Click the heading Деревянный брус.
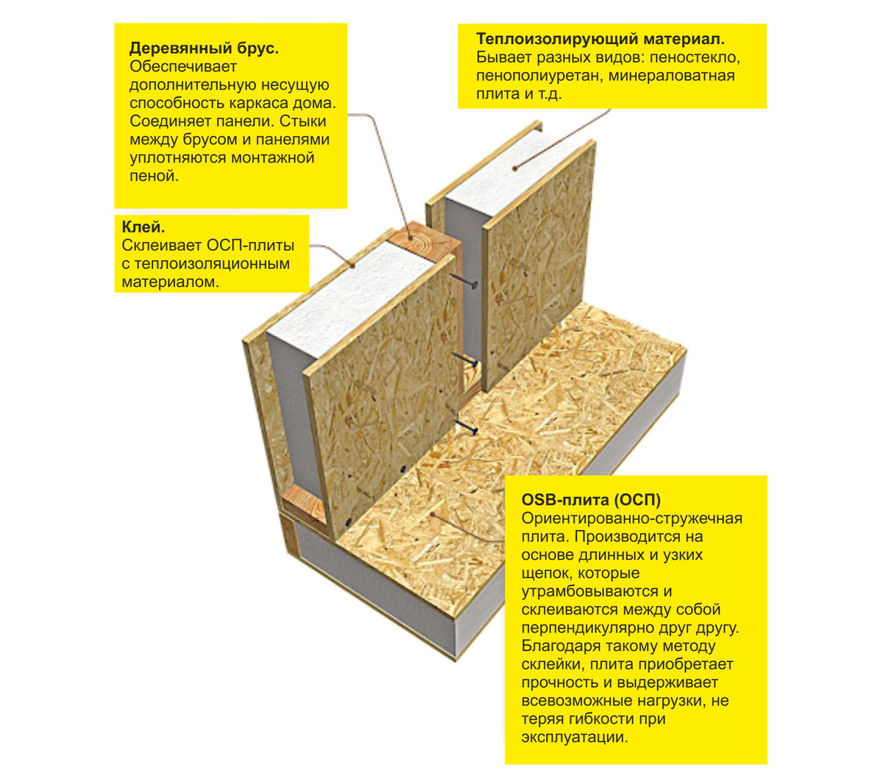pyautogui.click(x=204, y=49)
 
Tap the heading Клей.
pyautogui.click(x=143, y=227)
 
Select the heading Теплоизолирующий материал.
pyautogui.click(x=600, y=39)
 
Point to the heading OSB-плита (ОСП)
pyautogui.click(x=591, y=499)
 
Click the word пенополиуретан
pyautogui.click(x=539, y=76)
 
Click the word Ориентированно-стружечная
pyautogui.click(x=632, y=518)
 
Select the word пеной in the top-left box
pyautogui.click(x=155, y=176)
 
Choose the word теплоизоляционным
pyautogui.click(x=212, y=264)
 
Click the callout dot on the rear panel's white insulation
pyautogui.click(x=515, y=168)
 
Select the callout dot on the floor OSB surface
pyautogui.click(x=433, y=514)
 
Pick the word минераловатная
pyautogui.click(x=672, y=76)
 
